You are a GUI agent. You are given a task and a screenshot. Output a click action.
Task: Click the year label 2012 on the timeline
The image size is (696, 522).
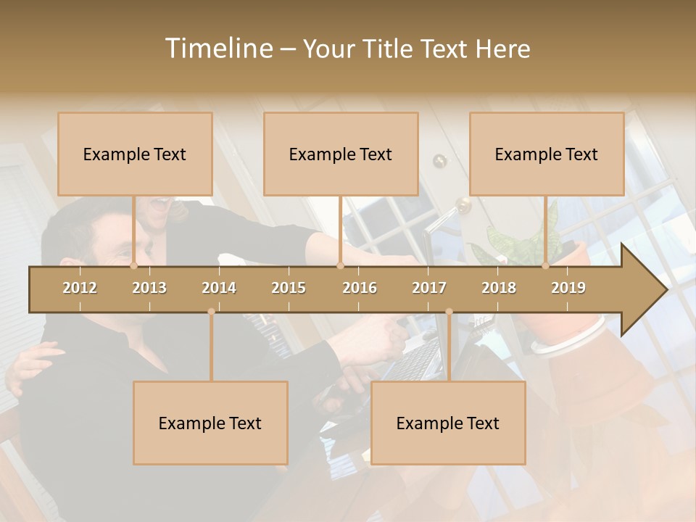click(80, 288)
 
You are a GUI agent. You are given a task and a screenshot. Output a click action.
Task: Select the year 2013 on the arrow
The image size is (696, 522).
click(149, 288)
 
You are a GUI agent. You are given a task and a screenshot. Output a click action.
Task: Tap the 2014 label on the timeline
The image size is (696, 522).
click(219, 288)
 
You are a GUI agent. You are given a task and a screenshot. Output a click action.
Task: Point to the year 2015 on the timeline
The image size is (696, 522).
click(289, 288)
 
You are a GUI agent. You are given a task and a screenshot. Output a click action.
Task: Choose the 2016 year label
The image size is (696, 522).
click(360, 288)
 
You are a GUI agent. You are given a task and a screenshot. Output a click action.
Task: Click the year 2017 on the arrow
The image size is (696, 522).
click(429, 288)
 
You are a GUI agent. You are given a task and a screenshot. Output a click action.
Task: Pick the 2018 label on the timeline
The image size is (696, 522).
click(499, 288)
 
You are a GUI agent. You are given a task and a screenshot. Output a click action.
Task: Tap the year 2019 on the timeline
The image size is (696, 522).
click(568, 288)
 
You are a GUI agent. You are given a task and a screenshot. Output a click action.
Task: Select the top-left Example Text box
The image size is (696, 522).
click(135, 154)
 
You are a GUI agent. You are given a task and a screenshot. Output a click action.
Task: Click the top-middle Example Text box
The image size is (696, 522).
click(341, 154)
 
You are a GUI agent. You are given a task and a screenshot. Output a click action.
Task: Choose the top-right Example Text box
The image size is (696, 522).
click(547, 154)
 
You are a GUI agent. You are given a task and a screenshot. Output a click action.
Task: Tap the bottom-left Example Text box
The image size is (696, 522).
click(210, 423)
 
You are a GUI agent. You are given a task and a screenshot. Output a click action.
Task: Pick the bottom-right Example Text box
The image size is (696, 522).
click(448, 423)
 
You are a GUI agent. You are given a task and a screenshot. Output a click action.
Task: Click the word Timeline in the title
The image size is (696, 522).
click(217, 49)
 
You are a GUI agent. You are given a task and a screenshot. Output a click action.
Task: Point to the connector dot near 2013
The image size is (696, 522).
click(134, 266)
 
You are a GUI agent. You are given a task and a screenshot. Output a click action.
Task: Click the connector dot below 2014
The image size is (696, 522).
click(211, 312)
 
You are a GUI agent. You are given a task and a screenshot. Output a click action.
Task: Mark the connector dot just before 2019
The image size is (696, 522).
click(546, 266)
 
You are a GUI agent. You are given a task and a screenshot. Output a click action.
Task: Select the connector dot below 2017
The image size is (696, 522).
click(449, 312)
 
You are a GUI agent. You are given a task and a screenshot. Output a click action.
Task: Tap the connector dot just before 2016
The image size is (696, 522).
click(340, 266)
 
